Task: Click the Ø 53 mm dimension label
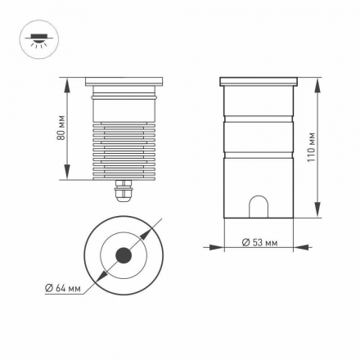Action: click(261, 243)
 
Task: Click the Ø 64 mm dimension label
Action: click(63, 288)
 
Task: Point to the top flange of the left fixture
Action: click(125, 83)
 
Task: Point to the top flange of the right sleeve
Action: click(259, 82)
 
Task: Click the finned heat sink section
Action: click(125, 151)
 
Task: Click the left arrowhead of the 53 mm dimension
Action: click(228, 244)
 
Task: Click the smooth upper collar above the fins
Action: click(125, 106)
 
